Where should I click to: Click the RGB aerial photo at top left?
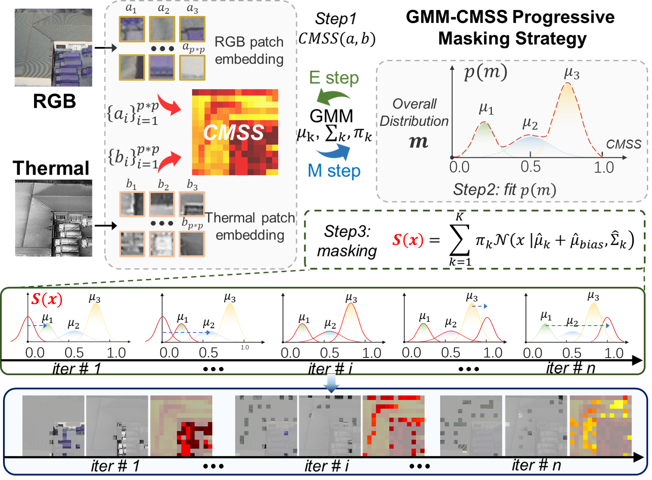53,47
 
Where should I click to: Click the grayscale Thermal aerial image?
54,218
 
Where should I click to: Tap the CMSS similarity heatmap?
235,132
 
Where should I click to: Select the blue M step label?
334,171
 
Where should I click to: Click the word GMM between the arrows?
331,116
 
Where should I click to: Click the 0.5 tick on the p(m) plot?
530,167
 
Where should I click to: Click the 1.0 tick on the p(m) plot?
603,167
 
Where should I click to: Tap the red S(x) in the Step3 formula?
408,240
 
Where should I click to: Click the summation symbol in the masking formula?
459,241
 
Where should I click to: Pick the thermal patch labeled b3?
192,204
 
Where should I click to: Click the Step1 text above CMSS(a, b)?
336,19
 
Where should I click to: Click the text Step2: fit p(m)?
504,189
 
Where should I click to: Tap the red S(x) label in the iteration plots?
47,299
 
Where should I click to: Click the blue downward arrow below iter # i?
331,384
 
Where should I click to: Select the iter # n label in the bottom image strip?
536,465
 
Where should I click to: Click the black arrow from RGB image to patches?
105,47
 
